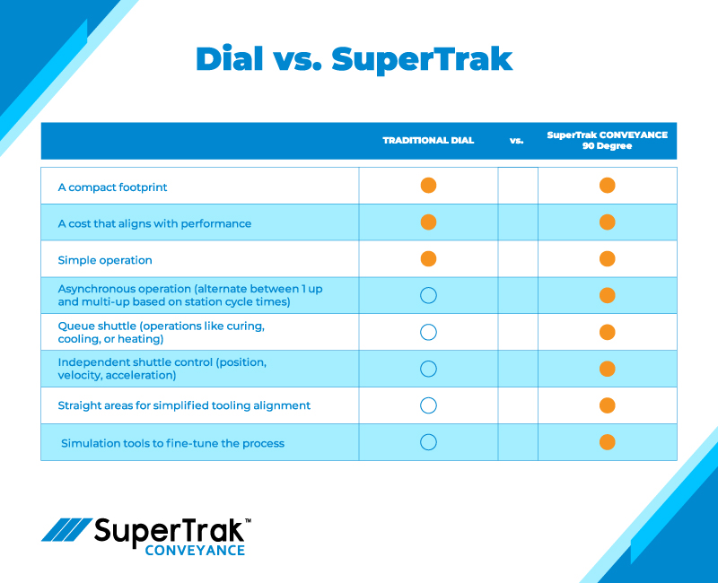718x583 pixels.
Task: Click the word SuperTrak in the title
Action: (x=422, y=59)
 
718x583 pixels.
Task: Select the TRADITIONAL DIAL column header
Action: (x=428, y=141)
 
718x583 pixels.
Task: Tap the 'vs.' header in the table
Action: (x=517, y=141)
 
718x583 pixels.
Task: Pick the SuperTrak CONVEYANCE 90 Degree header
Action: (x=608, y=140)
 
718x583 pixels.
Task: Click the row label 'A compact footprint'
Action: (x=112, y=187)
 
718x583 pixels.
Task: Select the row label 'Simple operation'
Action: (x=105, y=260)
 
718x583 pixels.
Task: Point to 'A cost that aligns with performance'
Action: (x=154, y=223)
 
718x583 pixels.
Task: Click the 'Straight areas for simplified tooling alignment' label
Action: (x=184, y=405)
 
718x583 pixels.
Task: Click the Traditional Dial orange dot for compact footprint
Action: (x=428, y=186)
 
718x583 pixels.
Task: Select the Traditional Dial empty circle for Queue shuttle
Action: (x=428, y=332)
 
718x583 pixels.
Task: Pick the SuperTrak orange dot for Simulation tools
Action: (x=608, y=442)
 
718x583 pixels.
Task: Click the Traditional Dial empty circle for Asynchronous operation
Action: (x=428, y=295)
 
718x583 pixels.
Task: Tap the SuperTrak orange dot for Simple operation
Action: (x=608, y=259)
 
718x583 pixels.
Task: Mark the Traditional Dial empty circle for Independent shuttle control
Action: (x=428, y=369)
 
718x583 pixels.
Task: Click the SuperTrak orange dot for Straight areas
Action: (x=608, y=405)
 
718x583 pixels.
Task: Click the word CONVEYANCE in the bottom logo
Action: (x=195, y=550)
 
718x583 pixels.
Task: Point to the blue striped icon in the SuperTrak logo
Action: (x=66, y=530)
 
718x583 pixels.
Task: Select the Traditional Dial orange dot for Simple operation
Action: (x=428, y=259)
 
